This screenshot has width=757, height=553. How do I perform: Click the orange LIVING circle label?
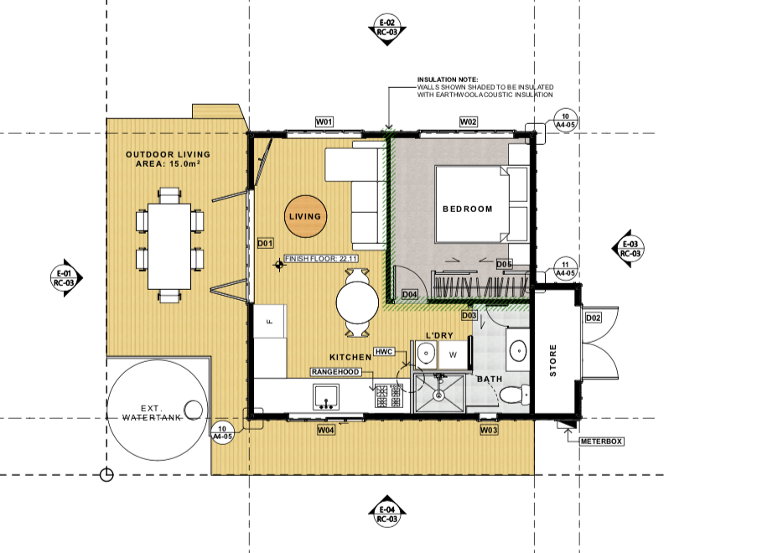pyautogui.click(x=305, y=216)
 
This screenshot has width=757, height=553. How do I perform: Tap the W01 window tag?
pyautogui.click(x=324, y=121)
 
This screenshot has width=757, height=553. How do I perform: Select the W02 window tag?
pyautogui.click(x=468, y=121)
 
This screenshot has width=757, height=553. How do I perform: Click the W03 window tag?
pyautogui.click(x=489, y=430)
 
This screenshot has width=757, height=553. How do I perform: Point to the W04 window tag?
pyautogui.click(x=326, y=430)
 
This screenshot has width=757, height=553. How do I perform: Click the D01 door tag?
pyautogui.click(x=265, y=243)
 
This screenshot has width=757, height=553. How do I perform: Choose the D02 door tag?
pyautogui.click(x=594, y=318)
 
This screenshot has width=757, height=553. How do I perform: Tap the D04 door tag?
pyautogui.click(x=409, y=294)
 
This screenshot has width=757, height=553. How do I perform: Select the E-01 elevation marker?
pyautogui.click(x=66, y=278)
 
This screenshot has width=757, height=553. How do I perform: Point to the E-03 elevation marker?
pyautogui.click(x=628, y=249)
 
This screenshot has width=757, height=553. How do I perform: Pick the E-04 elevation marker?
pyautogui.click(x=386, y=513)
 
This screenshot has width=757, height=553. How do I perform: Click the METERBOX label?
pyautogui.click(x=601, y=442)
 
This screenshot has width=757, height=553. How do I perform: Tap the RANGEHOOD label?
pyautogui.click(x=335, y=372)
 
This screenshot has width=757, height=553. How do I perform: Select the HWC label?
pyautogui.click(x=384, y=352)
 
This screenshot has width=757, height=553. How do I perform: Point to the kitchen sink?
pyautogui.click(x=326, y=396)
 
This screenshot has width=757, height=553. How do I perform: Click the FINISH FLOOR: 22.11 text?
pyautogui.click(x=321, y=259)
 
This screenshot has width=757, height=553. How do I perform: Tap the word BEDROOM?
pyautogui.click(x=467, y=209)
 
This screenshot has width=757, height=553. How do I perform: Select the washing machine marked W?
pyautogui.click(x=453, y=354)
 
